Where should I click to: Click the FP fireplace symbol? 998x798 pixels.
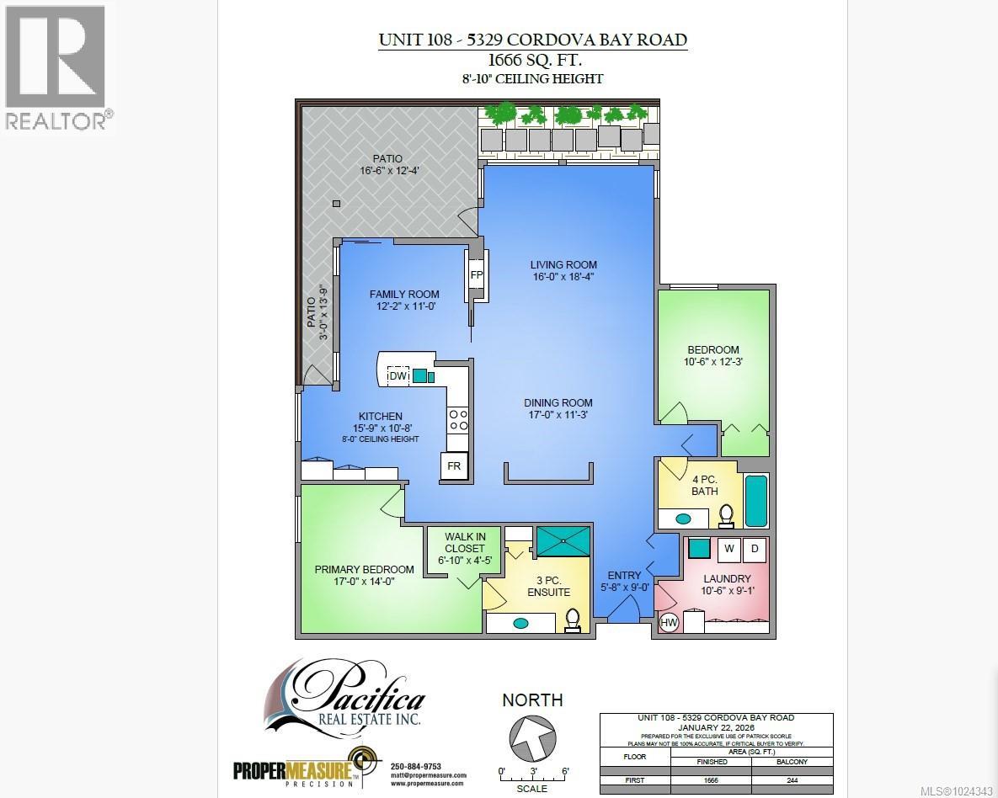pos(476,275)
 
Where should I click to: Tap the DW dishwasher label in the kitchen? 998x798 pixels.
pos(398,376)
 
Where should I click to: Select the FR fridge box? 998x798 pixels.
pos(453,465)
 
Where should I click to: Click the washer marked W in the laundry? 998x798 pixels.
pos(728,550)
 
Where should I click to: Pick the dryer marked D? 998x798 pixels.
pos(755,550)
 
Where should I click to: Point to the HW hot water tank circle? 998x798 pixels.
pos(670,623)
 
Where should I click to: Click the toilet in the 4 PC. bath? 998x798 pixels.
pos(726,514)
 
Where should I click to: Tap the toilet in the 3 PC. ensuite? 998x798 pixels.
pos(573,619)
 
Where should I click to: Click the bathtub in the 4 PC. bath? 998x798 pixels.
pos(755,501)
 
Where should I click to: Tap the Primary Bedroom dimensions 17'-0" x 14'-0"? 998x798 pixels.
pos(364,581)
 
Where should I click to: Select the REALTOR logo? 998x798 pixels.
pos(56,67)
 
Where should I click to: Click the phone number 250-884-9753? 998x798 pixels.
pos(416,766)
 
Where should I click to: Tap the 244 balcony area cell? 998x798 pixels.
pos(793,779)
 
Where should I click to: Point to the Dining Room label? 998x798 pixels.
pos(558,402)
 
